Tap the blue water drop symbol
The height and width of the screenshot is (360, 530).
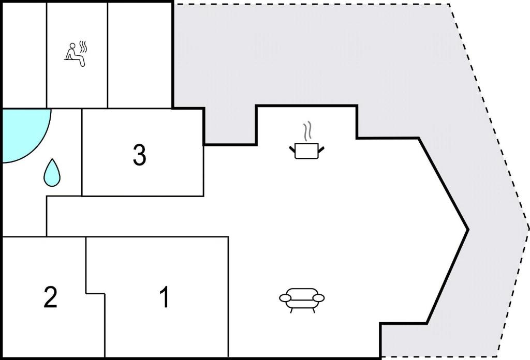pos(52,173)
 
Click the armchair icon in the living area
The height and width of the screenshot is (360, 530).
pos(302,300)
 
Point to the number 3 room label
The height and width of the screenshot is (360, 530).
pos(139,155)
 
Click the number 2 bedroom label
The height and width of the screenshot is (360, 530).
pos(50,297)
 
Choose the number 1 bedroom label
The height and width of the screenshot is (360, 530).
pos(164,297)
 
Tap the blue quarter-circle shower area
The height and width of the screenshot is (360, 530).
pos(24,133)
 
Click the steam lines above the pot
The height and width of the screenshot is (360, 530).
pos(307,132)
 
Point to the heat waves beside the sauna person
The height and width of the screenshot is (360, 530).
pos(83,47)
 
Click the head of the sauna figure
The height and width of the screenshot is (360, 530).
pos(72,46)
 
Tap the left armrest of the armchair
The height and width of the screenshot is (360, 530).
pos(285,298)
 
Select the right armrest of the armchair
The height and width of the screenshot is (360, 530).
pos(318,298)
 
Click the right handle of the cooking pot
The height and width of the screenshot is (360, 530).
pos(321,149)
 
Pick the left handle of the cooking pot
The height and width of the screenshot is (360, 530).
pos(292,149)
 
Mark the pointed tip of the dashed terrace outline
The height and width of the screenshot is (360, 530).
pos(528,229)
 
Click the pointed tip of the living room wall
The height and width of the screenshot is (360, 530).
pos(468,230)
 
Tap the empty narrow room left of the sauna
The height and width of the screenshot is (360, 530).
pos(24,55)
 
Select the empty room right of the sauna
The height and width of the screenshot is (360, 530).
pos(140,55)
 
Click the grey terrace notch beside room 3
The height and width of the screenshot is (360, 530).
pos(230,126)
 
